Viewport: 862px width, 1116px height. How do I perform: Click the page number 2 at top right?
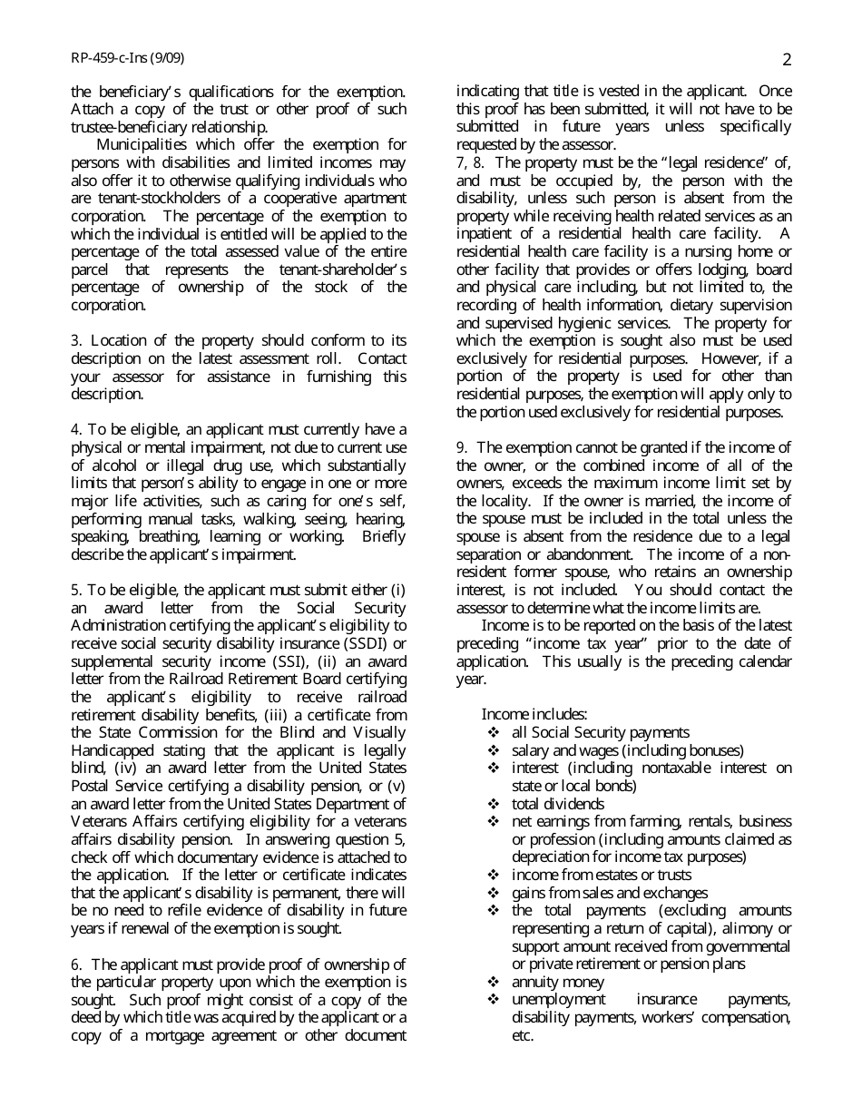[x=786, y=60]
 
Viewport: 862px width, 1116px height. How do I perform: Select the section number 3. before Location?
[x=77, y=341]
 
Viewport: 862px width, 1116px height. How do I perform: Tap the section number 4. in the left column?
[x=77, y=430]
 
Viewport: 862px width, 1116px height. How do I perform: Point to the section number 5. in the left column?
[x=77, y=591]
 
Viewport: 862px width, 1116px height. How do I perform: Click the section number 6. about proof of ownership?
[x=77, y=964]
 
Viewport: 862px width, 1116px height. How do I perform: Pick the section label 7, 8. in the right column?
[x=471, y=163]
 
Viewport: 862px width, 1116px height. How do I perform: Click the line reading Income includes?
[x=534, y=715]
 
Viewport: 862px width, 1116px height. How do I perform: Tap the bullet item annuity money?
[x=557, y=982]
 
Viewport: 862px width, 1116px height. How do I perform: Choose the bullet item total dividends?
[x=557, y=804]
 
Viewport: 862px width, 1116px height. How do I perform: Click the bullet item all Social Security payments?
[x=600, y=732]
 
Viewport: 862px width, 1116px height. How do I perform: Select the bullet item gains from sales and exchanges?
[x=609, y=893]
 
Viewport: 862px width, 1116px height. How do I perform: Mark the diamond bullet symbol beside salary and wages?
[x=494, y=750]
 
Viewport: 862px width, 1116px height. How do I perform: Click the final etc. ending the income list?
[x=522, y=1035]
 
